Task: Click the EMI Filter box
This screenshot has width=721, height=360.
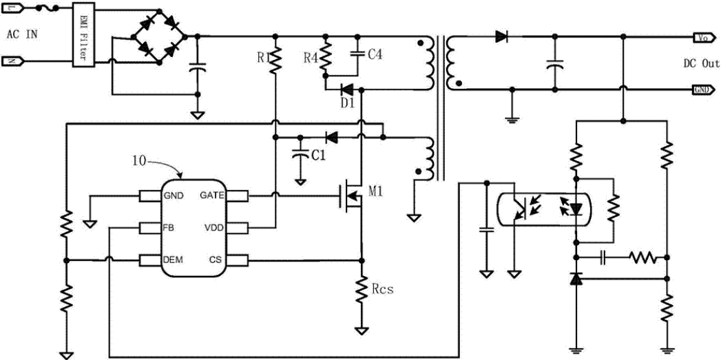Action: point(83,35)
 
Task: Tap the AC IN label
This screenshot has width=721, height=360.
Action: point(23,34)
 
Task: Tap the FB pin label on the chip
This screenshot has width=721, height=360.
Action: point(169,228)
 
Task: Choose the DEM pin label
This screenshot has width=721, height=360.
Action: point(173,260)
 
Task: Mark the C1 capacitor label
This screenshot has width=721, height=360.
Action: point(317,156)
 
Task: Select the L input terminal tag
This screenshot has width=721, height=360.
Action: point(14,8)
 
